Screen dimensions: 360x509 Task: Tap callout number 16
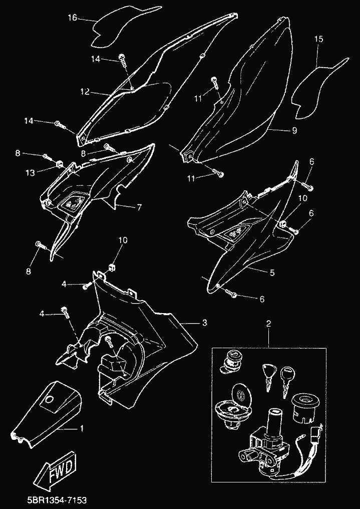pos(72,18)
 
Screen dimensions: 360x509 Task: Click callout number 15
pos(318,39)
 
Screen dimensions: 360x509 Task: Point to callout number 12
pos(85,92)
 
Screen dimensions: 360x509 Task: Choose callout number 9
pos(294,130)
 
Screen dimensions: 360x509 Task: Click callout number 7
pos(139,206)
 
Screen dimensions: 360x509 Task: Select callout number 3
pos(204,323)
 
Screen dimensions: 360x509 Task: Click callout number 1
pos(82,429)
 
